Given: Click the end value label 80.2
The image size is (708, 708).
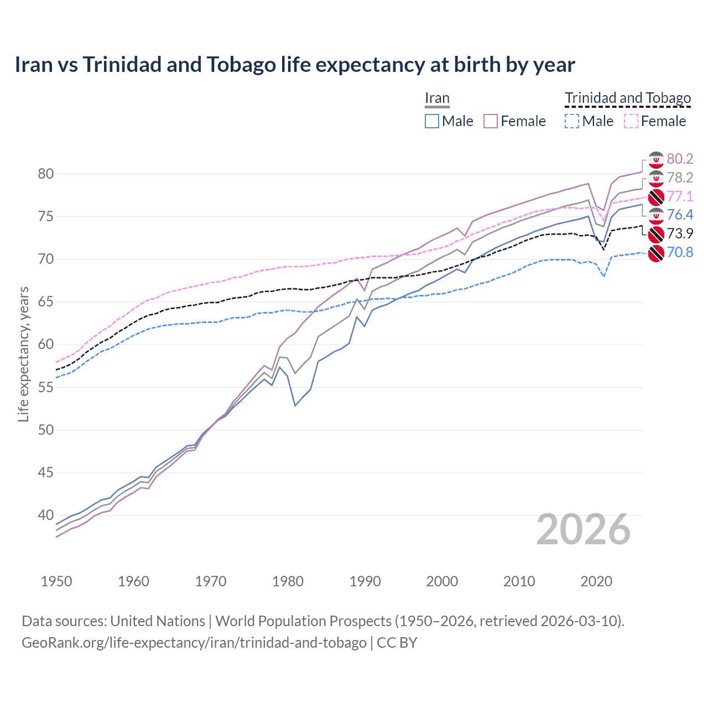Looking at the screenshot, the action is click(x=679, y=159).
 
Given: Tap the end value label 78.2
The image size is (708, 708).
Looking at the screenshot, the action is click(x=679, y=178).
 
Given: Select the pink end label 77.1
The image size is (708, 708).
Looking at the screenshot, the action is click(x=679, y=196).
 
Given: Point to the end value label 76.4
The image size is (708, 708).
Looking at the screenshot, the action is click(x=679, y=215).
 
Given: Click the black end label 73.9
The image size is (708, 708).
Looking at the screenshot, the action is click(x=679, y=233).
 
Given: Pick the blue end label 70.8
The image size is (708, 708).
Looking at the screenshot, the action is click(x=679, y=253).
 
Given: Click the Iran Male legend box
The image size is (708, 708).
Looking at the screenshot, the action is click(x=432, y=121).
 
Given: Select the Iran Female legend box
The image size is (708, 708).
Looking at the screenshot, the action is click(x=491, y=121).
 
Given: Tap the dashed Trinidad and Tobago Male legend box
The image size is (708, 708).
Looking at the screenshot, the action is click(x=572, y=121).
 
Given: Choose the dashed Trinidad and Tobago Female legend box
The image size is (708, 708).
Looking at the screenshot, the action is click(x=631, y=121).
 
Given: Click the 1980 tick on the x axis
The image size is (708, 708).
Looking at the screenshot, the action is click(x=288, y=581).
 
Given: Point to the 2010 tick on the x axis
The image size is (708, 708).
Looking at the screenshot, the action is click(x=519, y=581).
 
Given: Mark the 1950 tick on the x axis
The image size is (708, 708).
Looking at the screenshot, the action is click(x=57, y=581).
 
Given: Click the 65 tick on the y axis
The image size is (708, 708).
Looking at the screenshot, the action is click(x=46, y=302).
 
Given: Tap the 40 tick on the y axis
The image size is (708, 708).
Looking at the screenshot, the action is click(x=46, y=516).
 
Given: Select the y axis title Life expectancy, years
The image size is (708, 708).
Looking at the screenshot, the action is click(x=23, y=354).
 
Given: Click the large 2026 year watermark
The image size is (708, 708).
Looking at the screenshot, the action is click(x=584, y=530).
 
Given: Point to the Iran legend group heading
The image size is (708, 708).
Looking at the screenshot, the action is click(x=437, y=98).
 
